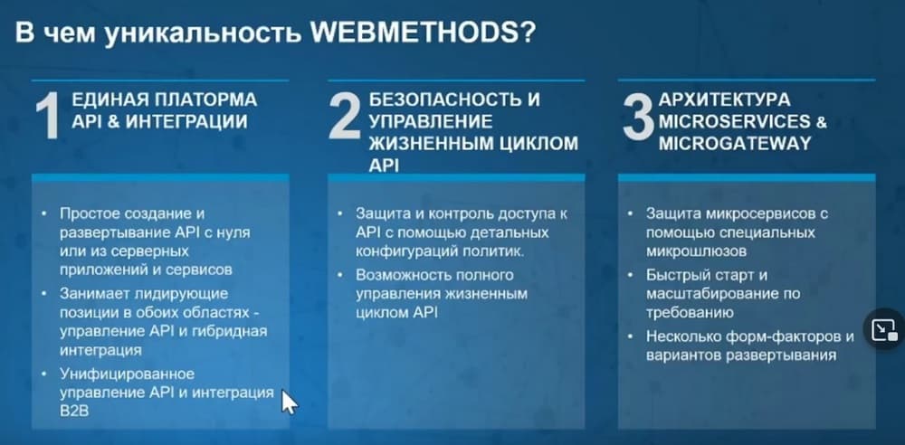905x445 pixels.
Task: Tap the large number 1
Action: (x=49, y=118)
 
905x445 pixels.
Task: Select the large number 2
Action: (x=345, y=118)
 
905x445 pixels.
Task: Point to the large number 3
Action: (x=637, y=118)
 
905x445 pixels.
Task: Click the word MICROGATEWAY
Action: (x=735, y=144)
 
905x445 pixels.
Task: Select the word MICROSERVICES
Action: (x=735, y=122)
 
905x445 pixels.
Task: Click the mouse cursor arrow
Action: (x=289, y=402)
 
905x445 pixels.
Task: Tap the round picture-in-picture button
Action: (x=883, y=329)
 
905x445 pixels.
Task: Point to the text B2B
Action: (x=72, y=411)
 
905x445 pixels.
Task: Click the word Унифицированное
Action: (x=127, y=374)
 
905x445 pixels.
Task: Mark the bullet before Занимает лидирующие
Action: (x=44, y=294)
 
